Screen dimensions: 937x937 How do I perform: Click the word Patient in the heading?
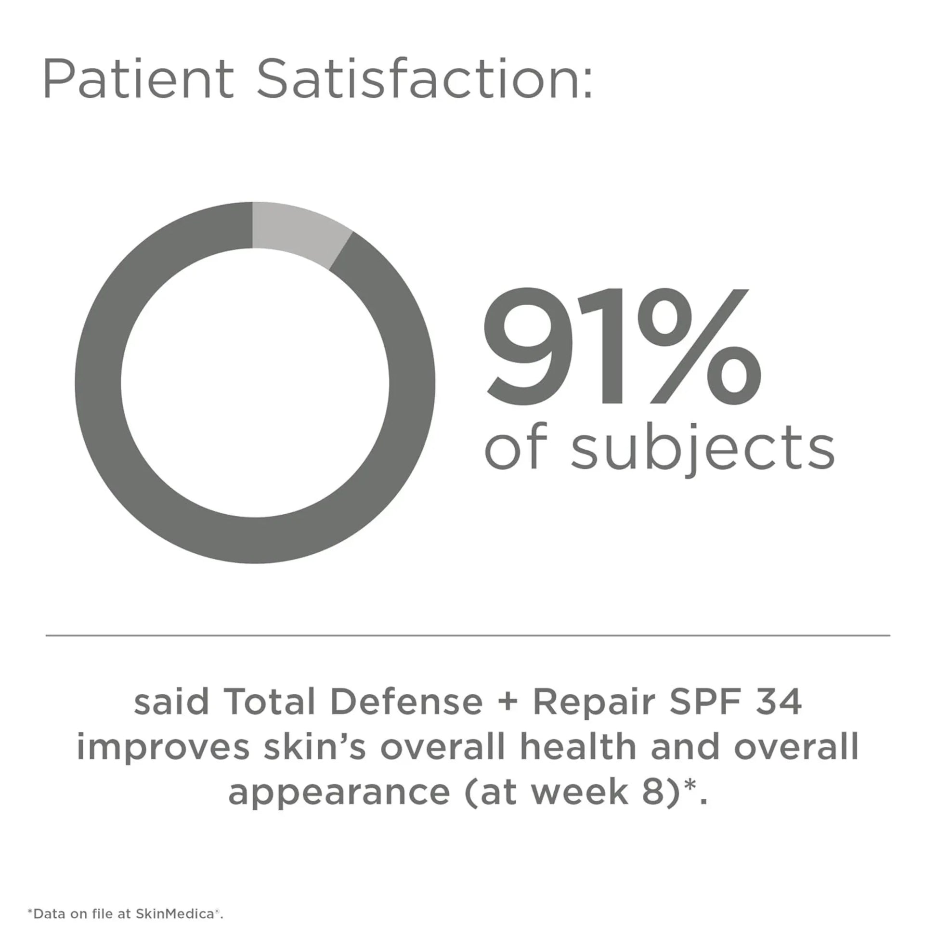click(138, 78)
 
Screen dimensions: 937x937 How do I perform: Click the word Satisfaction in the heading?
click(424, 78)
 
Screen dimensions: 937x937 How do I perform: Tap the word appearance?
click(339, 792)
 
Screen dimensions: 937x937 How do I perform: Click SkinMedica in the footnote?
click(175, 914)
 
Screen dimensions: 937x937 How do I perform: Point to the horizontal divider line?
click(468, 635)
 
